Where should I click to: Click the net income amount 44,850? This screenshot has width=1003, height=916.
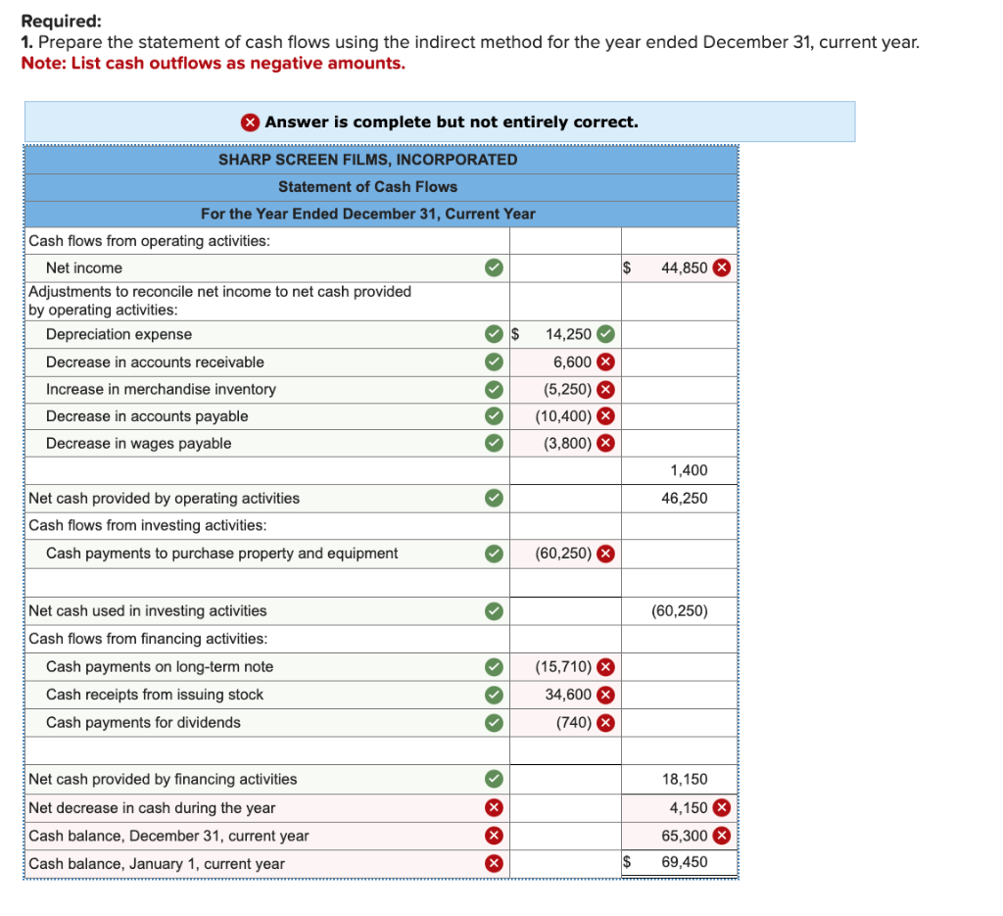click(684, 268)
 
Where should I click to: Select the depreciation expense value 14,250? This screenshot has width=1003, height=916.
click(568, 335)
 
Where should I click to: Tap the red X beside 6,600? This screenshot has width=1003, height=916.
click(606, 362)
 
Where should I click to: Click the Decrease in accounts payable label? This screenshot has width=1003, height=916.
click(147, 416)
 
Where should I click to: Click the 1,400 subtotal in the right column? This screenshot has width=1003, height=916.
click(689, 471)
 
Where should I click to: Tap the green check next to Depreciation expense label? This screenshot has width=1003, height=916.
click(495, 335)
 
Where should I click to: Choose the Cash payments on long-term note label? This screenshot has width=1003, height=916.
click(160, 667)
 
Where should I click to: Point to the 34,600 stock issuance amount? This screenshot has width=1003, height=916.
click(568, 695)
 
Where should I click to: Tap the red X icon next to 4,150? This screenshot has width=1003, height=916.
click(721, 808)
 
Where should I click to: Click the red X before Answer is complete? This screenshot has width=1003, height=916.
click(251, 122)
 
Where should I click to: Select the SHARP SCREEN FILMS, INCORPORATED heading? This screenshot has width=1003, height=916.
click(367, 160)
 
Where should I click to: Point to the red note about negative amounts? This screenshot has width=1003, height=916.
click(213, 64)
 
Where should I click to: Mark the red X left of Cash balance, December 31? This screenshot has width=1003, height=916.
click(495, 837)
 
